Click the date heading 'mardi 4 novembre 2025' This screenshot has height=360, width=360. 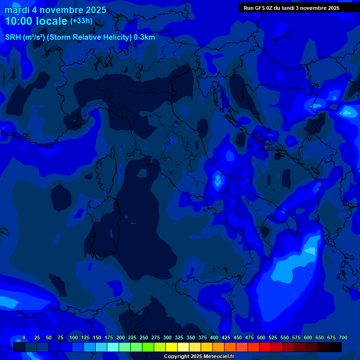(55, 10)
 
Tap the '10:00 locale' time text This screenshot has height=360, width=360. (36, 21)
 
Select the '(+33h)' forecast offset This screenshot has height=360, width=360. (81, 21)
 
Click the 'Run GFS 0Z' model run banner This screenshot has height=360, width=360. (292, 8)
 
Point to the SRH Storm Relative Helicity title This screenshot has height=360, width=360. (80, 37)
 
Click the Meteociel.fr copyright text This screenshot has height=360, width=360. (199, 356)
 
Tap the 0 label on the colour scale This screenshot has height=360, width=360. (24, 338)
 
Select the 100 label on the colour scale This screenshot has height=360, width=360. (74, 338)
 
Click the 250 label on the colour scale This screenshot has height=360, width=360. (144, 338)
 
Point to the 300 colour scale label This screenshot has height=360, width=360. (167, 338)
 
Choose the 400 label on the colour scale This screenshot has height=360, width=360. (214, 338)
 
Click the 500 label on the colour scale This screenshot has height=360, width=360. (261, 338)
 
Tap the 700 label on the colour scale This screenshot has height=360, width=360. (343, 338)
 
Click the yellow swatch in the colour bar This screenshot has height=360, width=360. (172, 347)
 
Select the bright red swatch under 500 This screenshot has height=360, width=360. (265, 347)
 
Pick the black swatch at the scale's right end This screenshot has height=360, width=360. (336, 347)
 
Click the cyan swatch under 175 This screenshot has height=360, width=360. (113, 347)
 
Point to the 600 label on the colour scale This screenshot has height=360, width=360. (308, 338)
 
